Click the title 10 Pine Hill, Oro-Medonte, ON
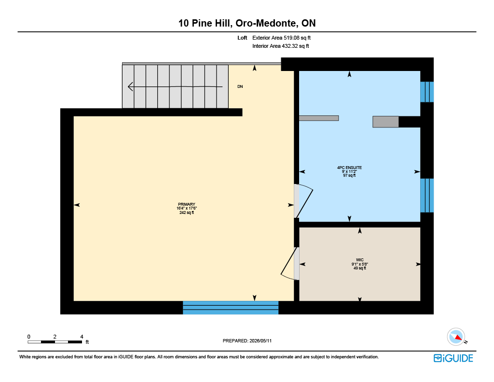(247, 23)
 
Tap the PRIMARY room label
(187, 204)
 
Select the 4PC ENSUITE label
(349, 168)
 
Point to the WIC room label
(360, 260)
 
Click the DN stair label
(240, 86)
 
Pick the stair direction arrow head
(130, 86)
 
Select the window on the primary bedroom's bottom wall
(231, 308)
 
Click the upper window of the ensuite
(427, 92)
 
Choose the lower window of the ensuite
(427, 196)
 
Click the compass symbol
(456, 337)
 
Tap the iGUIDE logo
(453, 358)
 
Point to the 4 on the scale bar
(82, 337)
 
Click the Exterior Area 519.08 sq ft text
(281, 38)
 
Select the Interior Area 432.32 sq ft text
(280, 46)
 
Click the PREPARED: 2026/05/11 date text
(247, 340)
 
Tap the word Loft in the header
(242, 38)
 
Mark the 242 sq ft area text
(187, 212)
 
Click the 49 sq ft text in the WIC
(360, 268)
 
